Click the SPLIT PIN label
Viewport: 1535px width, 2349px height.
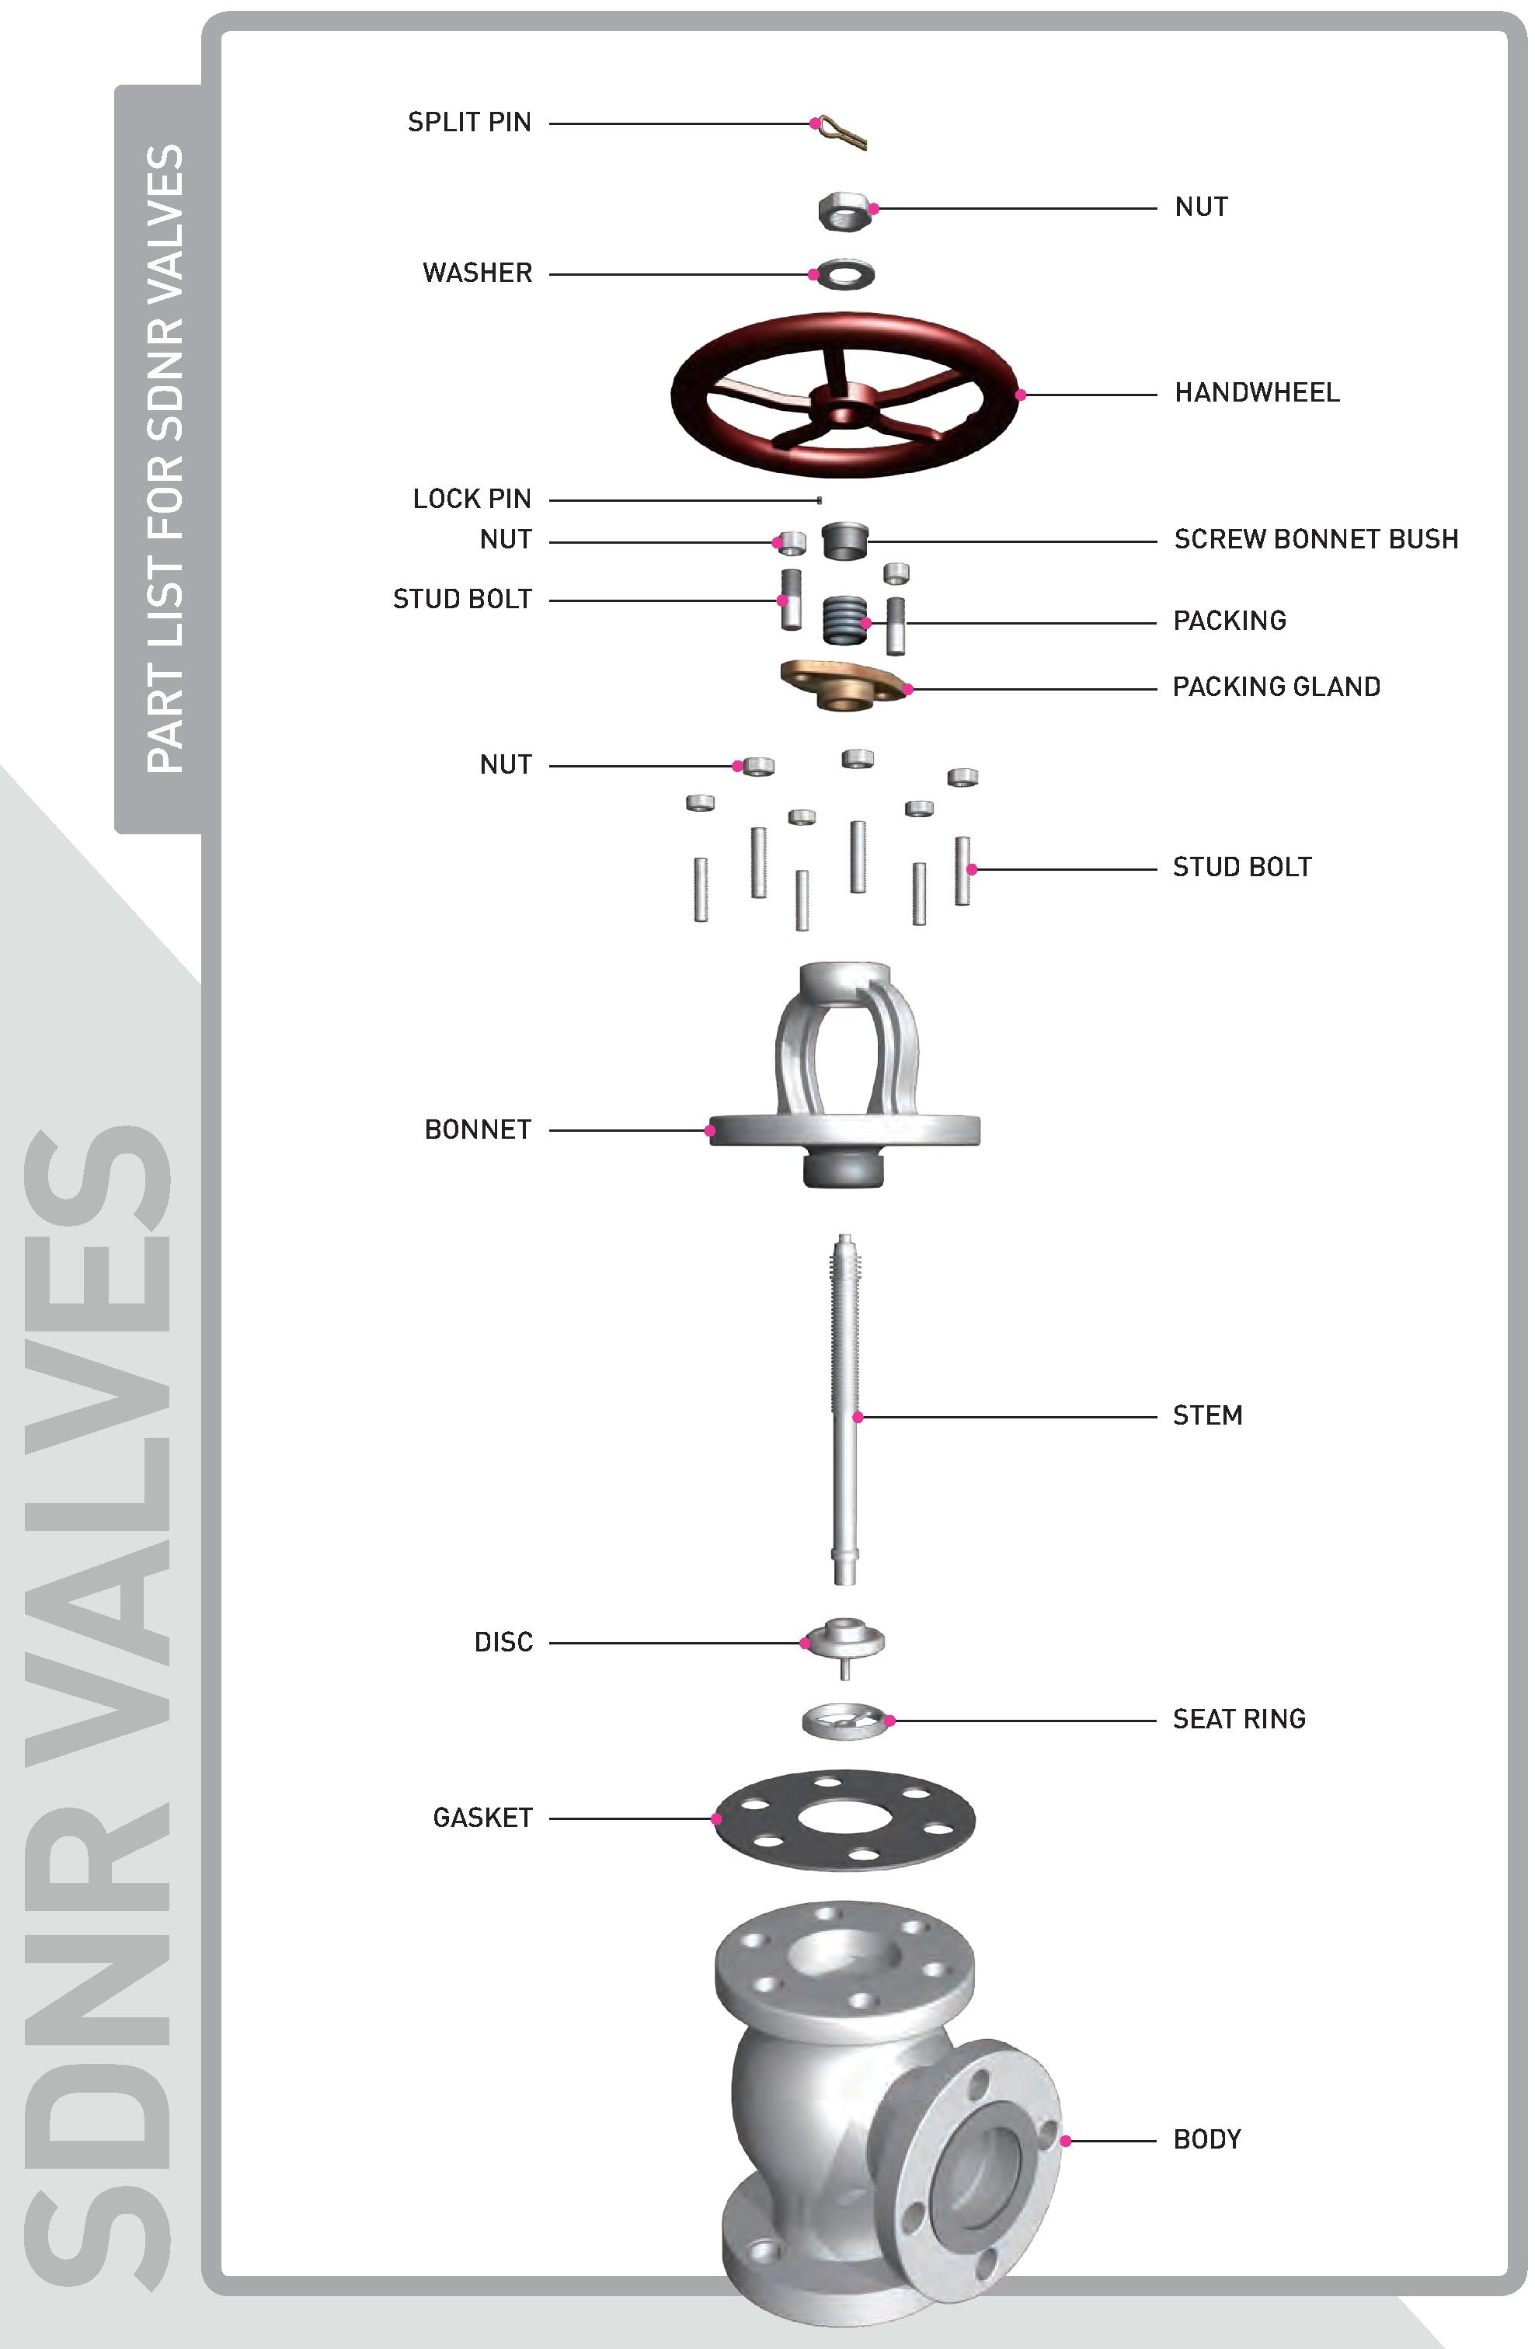pyautogui.click(x=469, y=123)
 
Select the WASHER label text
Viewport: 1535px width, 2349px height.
pyautogui.click(x=477, y=273)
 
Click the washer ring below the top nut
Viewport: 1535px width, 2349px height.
pyautogui.click(x=846, y=274)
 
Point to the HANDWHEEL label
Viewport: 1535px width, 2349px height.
pyautogui.click(x=1257, y=393)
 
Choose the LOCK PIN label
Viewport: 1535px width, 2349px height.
pyautogui.click(x=472, y=499)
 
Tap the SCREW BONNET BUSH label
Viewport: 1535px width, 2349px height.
pyautogui.click(x=1316, y=540)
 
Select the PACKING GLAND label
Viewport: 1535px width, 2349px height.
pyautogui.click(x=1276, y=687)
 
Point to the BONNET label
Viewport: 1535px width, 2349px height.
pyautogui.click(x=478, y=1130)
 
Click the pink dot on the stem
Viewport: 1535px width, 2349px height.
pyautogui.click(x=858, y=1418)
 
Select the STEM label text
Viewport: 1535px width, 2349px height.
pyautogui.click(x=1207, y=1416)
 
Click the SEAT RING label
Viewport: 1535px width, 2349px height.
pyautogui.click(x=1239, y=1719)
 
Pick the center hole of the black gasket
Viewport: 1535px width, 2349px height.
pyautogui.click(x=843, y=1818)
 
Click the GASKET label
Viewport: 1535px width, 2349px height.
pyautogui.click(x=482, y=1818)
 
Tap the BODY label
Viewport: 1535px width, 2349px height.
pyautogui.click(x=1206, y=2140)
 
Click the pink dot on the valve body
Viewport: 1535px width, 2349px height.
pyautogui.click(x=1065, y=2141)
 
